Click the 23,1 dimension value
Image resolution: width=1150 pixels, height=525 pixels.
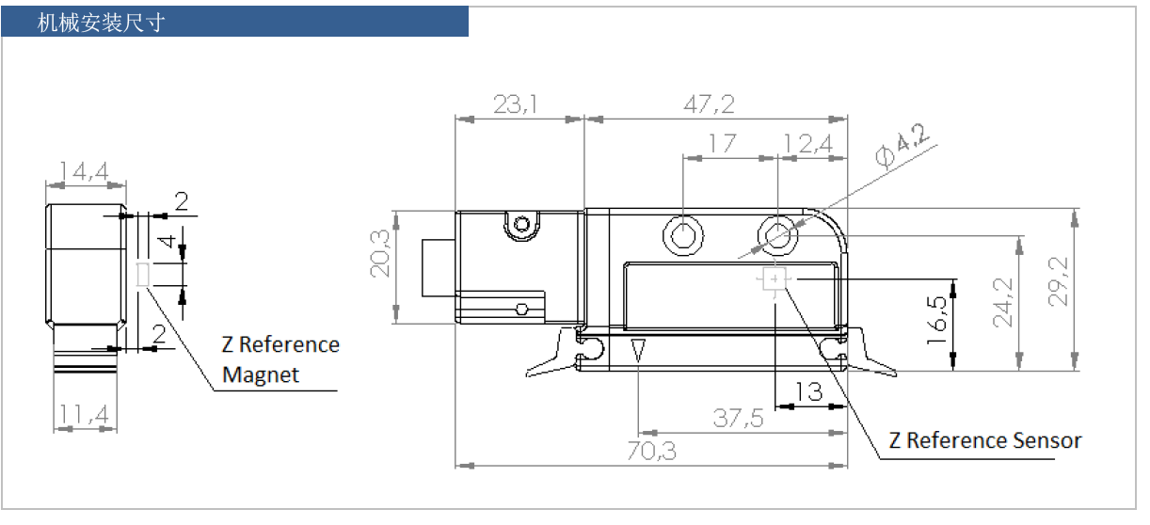pyautogui.click(x=517, y=103)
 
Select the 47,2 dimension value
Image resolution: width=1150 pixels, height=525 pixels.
pyautogui.click(x=712, y=103)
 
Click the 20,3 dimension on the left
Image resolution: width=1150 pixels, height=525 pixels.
pyautogui.click(x=380, y=255)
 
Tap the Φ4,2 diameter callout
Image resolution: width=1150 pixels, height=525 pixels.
pyautogui.click(x=901, y=145)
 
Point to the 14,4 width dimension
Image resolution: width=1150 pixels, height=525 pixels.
pyautogui.click(x=84, y=170)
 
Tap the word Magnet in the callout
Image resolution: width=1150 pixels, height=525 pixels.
pyautogui.click(x=261, y=374)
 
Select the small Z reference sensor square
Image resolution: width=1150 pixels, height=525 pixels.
pyautogui.click(x=775, y=279)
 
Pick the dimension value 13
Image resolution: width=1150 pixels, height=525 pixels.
pyautogui.click(x=808, y=390)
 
